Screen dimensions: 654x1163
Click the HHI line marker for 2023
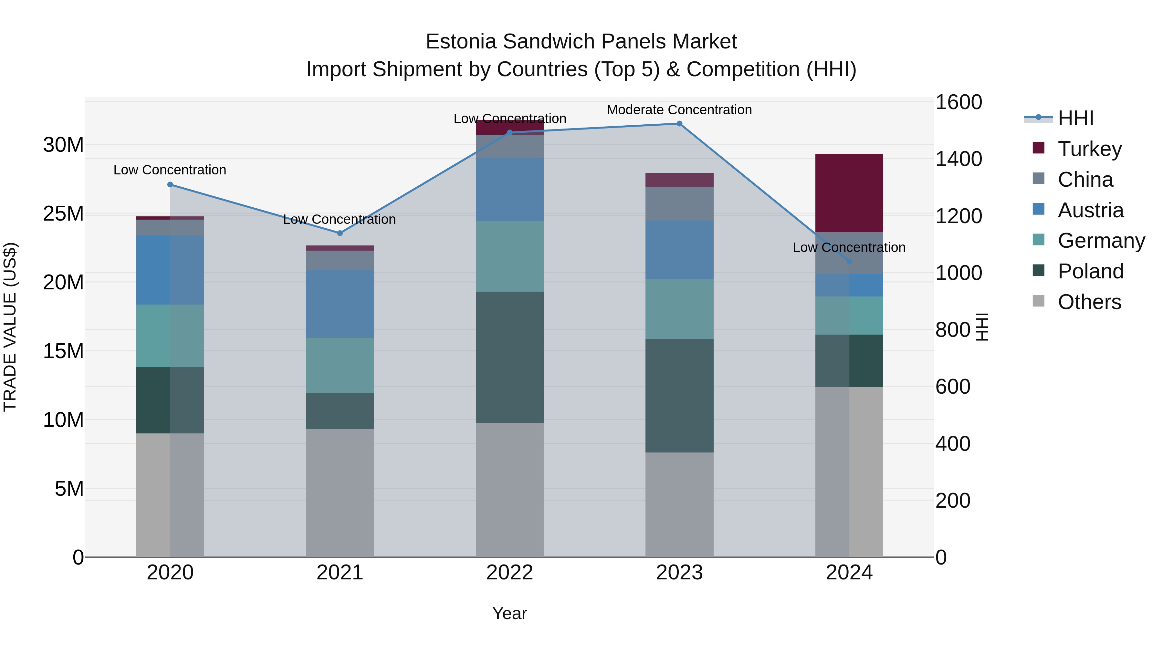679,124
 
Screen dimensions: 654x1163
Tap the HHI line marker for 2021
340,234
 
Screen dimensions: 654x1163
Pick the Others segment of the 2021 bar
340,493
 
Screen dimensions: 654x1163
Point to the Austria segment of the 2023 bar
679,250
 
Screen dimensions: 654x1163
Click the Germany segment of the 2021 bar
340,365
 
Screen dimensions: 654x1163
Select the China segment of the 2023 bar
679,203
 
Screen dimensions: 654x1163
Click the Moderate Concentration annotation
679,110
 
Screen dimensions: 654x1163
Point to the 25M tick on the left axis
63,213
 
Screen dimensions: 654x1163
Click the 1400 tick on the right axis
958,159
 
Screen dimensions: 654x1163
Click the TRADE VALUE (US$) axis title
10,327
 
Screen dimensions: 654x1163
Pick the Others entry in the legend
1089,302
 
